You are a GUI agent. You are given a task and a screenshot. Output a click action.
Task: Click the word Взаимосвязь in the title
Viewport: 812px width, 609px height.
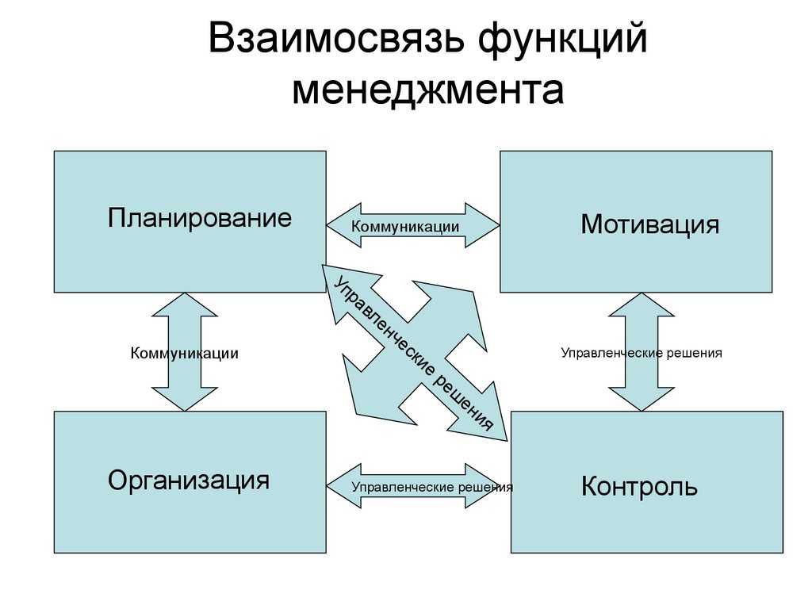334,40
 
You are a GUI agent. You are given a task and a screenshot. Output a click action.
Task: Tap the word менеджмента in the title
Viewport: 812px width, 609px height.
428,90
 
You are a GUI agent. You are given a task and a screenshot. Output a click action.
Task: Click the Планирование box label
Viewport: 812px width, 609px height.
200,218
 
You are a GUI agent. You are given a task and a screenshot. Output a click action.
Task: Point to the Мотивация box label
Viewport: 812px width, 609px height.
649,224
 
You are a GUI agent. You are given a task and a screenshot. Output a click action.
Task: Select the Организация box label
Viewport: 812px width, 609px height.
189,479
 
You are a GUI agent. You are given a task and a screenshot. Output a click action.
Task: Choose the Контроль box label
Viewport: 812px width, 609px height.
639,486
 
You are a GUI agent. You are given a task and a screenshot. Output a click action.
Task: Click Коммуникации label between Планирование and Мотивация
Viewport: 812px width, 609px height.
405,227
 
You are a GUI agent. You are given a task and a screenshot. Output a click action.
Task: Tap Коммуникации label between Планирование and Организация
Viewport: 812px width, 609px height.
184,353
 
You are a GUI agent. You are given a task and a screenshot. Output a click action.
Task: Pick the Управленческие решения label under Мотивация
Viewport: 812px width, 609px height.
642,353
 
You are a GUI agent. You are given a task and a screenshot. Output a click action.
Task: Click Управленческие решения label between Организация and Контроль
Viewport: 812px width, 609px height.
432,487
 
